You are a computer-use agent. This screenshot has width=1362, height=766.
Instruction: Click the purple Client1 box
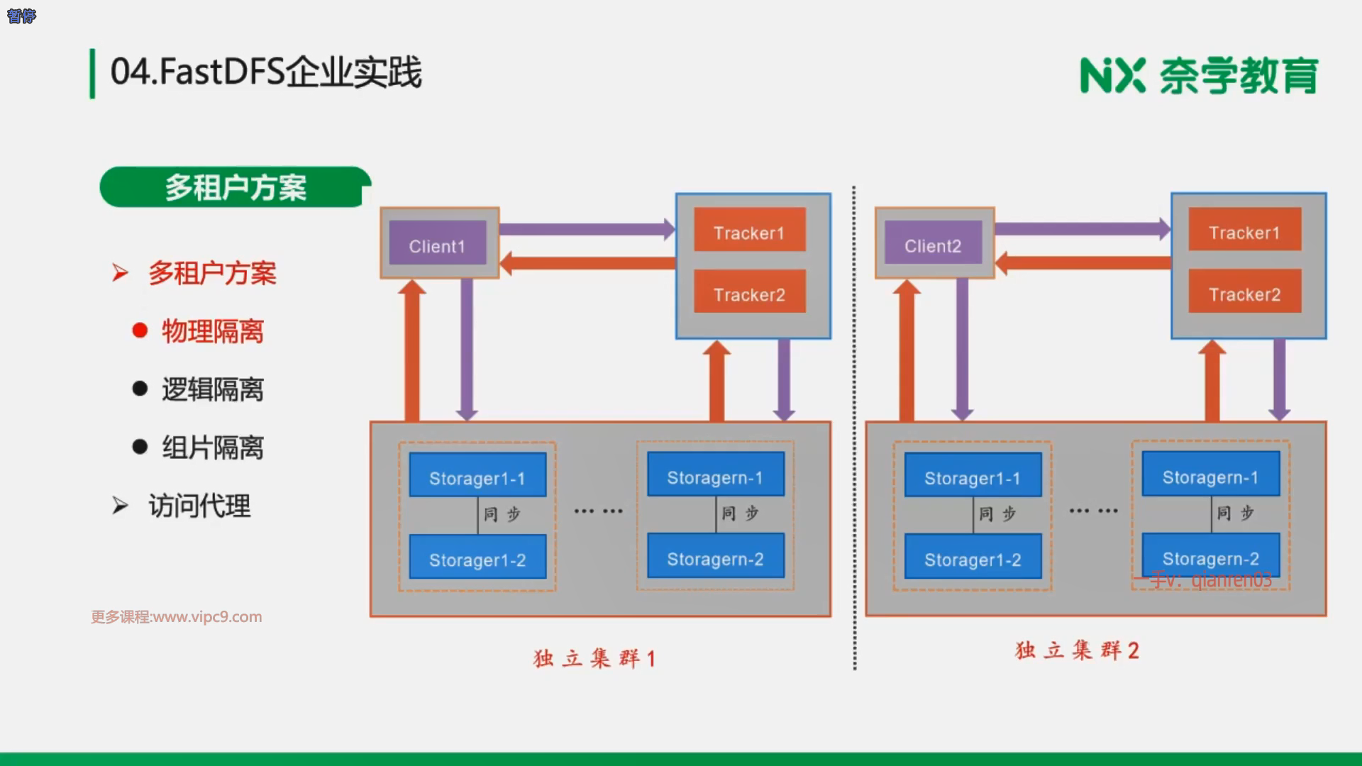point(438,243)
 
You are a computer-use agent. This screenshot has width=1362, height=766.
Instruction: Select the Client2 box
point(933,243)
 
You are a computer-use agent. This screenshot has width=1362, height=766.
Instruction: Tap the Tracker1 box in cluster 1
point(749,229)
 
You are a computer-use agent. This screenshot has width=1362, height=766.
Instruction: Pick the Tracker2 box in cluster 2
point(1244,291)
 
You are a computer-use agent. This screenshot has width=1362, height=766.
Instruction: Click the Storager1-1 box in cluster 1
point(477,474)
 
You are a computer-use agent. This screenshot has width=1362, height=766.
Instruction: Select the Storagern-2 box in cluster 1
point(715,555)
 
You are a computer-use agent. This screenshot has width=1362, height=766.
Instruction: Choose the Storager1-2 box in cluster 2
point(973,556)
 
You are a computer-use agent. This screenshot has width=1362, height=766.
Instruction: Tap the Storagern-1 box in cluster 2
point(1211,474)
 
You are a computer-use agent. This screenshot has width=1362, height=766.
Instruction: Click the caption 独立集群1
point(594,658)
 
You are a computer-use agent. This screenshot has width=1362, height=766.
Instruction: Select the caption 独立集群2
point(1077,650)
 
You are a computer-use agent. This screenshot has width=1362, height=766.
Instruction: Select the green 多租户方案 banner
point(236,187)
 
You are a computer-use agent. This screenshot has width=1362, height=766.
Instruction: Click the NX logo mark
point(1112,76)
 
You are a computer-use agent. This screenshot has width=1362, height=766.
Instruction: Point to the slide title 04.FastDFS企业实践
point(266,72)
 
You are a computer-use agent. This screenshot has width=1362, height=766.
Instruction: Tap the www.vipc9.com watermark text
point(177,617)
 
